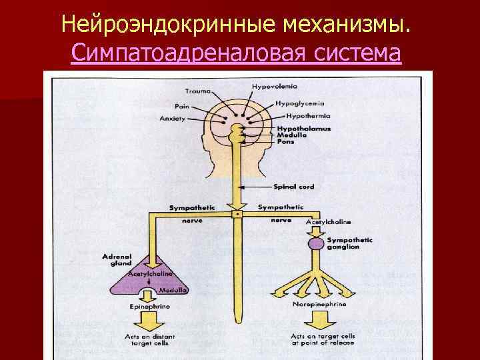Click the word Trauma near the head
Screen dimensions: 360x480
pos(199,91)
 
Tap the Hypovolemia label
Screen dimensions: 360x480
pos(275,87)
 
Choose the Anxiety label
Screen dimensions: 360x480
pos(172,119)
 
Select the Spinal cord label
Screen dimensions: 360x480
pos(293,187)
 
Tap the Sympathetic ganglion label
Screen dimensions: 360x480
pos(349,243)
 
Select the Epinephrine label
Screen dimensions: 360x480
pos(149,307)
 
